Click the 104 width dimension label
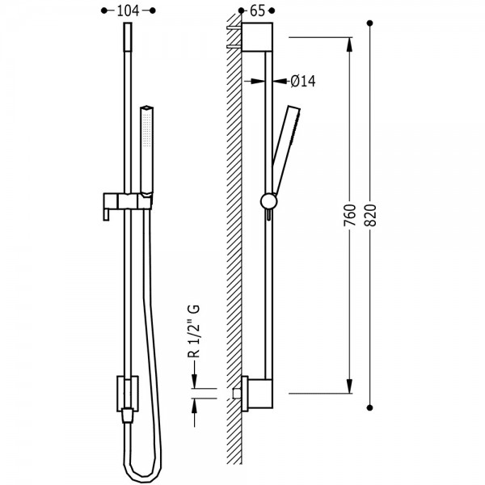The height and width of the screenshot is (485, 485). pos(128,11)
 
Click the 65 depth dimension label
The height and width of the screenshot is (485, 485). pos(257,11)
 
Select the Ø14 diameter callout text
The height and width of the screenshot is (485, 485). pos(303,82)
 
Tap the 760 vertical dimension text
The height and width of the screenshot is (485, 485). pos(350,215)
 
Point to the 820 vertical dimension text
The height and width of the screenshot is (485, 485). pos(370,215)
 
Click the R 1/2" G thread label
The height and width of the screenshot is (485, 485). pos(194,331)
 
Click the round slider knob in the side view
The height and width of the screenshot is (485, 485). pos(269,201)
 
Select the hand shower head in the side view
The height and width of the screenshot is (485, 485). pos(286,151)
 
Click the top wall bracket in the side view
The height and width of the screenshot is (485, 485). pos(257,37)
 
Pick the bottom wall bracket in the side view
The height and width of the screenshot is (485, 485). pos(257,394)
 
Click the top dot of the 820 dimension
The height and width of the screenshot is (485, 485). pos(369,23)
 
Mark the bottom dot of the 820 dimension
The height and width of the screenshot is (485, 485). pos(369,407)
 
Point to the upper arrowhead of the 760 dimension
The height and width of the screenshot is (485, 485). pos(349,44)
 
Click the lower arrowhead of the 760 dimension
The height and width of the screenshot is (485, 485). pos(349,386)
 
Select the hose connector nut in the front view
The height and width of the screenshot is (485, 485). pos(128,415)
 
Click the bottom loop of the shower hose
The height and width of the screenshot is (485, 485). pos(145,470)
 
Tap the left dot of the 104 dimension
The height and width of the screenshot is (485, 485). pos(104,11)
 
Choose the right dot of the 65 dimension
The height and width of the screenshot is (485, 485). pos(272,11)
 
